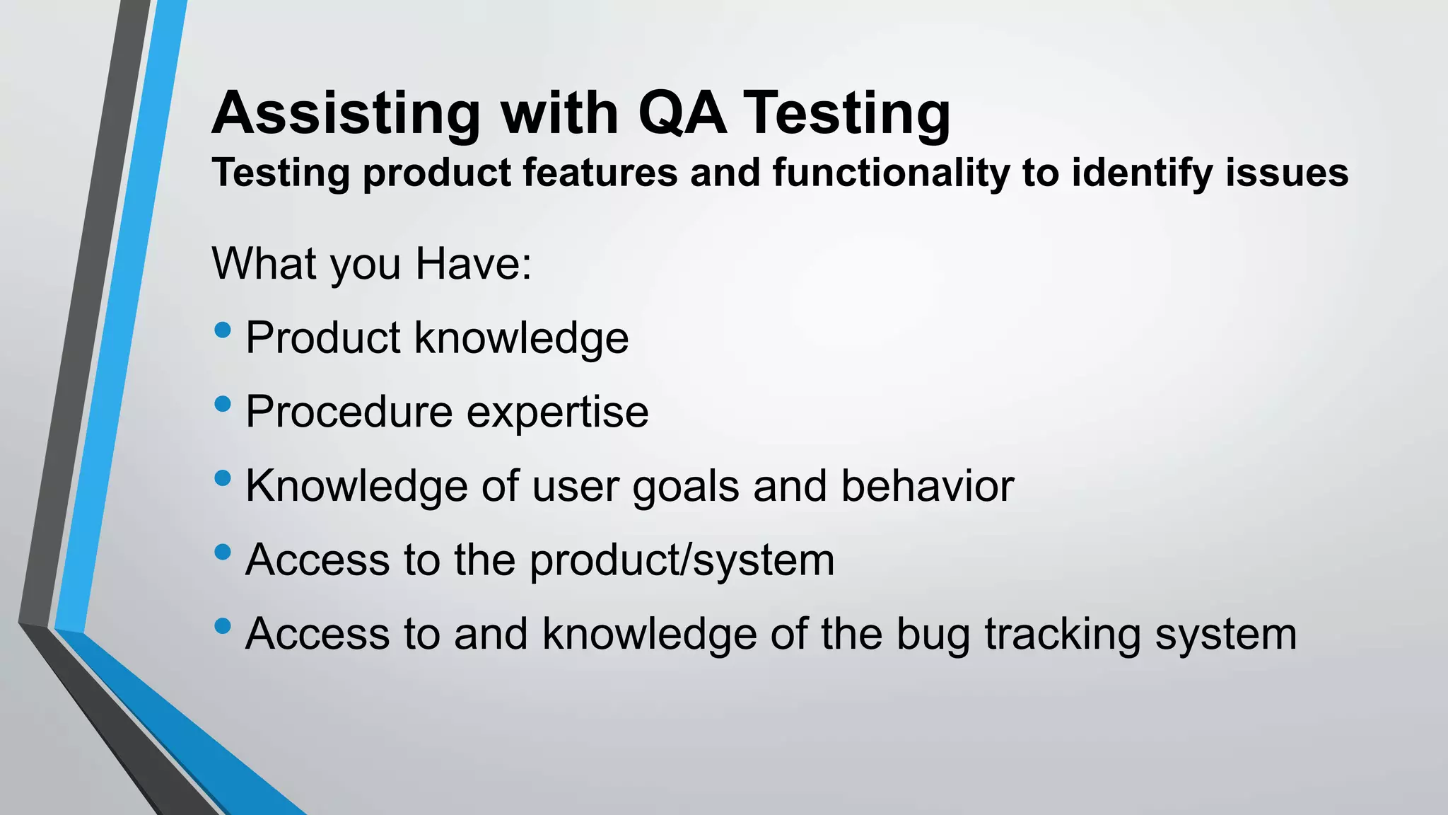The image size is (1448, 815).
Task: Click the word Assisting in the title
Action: point(346,113)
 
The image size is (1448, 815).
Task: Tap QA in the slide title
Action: point(682,113)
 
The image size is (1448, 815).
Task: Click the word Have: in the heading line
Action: point(473,264)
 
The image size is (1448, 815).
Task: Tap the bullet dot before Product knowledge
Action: point(222,330)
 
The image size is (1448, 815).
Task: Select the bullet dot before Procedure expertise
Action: point(222,404)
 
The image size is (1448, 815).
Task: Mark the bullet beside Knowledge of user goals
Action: point(222,478)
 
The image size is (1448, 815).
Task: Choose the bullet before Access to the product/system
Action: point(222,552)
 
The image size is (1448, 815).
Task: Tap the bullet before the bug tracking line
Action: point(222,625)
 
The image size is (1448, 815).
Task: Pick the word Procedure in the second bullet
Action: point(349,412)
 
